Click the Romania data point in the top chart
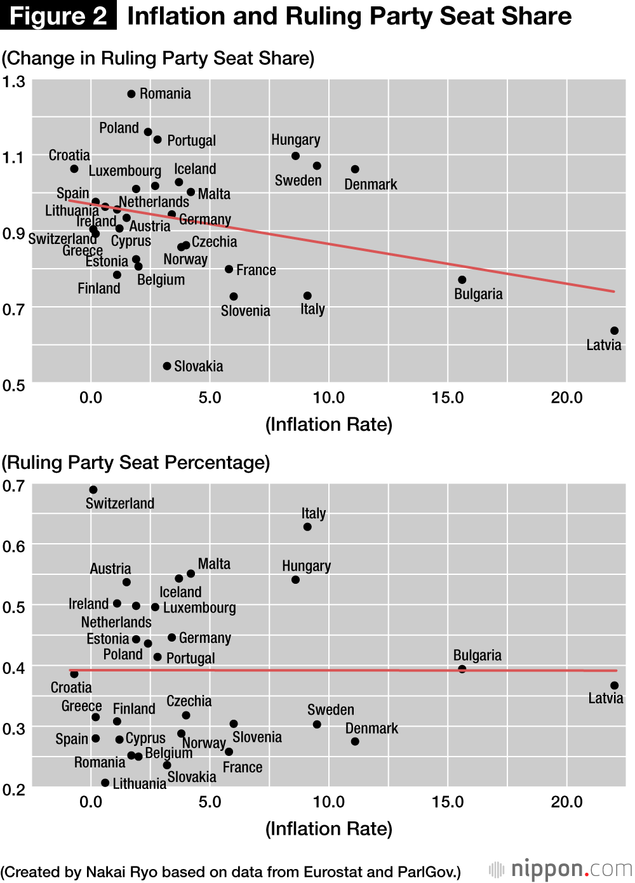coord(131,94)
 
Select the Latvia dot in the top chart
coord(614,331)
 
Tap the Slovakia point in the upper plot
coord(167,366)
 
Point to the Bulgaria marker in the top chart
coord(462,280)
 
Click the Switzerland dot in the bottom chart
coord(93,490)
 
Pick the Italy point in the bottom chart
coord(307,527)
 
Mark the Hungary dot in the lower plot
coord(295,580)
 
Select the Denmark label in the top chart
coord(370,185)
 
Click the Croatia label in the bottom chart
coord(71,687)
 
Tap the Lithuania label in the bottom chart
coord(139,784)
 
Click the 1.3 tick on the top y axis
coord(13,82)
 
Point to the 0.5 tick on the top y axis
coord(13,386)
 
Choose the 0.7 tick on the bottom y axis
coord(13,487)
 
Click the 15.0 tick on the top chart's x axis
coord(448,398)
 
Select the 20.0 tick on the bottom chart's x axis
coord(566,802)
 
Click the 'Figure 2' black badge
coord(58,15)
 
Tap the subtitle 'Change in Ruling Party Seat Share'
coord(158,58)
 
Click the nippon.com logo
coord(561,869)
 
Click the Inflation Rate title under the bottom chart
coord(329,829)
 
